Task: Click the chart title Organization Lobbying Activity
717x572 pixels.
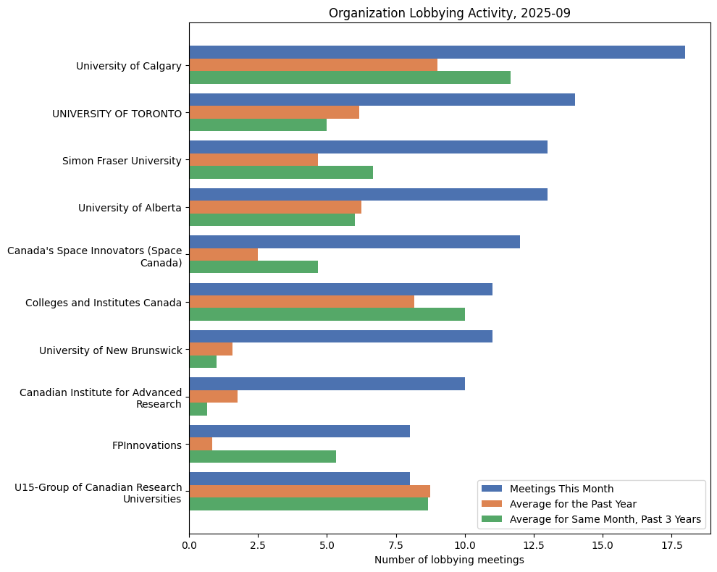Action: (x=449, y=13)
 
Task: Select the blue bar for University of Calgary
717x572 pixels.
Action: (x=437, y=52)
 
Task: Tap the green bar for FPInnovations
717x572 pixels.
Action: (x=262, y=457)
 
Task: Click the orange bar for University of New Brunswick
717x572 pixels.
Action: (x=211, y=350)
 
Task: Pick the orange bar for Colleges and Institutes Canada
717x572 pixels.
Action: (x=301, y=302)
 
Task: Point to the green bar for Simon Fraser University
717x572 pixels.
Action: (x=281, y=172)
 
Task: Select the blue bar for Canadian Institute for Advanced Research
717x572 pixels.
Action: (x=327, y=384)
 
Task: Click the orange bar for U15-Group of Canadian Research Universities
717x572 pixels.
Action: (x=309, y=492)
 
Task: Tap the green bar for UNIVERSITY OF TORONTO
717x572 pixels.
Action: (x=258, y=125)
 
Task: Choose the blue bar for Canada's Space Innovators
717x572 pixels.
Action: (x=354, y=242)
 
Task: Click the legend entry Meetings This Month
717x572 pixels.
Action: (x=561, y=488)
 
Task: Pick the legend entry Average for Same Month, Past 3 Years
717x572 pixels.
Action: (x=605, y=519)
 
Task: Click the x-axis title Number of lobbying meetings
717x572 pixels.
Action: (x=449, y=560)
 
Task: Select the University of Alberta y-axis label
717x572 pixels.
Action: (x=130, y=208)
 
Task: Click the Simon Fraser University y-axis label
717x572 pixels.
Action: (x=122, y=161)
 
